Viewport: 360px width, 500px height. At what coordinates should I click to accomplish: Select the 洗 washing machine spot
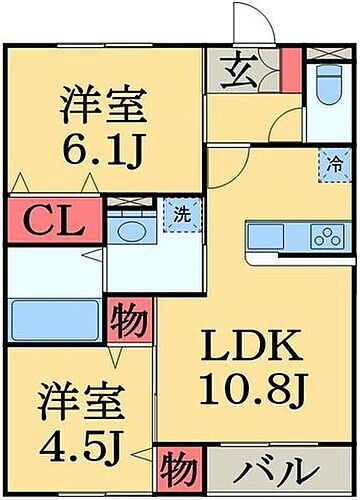[182, 214]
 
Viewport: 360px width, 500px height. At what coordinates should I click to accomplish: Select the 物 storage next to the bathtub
[129, 322]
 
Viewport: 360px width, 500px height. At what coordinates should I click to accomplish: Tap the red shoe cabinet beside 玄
[289, 69]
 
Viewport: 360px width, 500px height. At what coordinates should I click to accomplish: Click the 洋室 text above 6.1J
[104, 103]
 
